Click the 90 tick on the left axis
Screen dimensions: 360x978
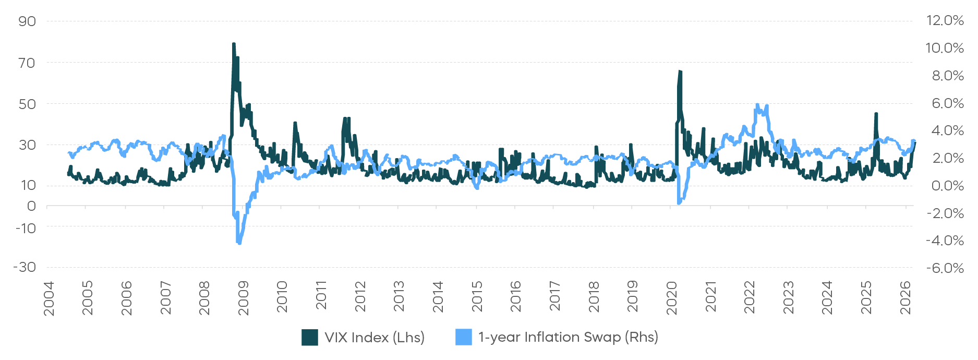pyautogui.click(x=27, y=21)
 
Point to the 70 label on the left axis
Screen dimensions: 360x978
pyautogui.click(x=27, y=63)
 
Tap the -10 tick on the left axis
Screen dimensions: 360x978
pyautogui.click(x=26, y=228)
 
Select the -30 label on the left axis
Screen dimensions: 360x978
pyautogui.click(x=25, y=267)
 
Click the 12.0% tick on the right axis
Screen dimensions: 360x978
pyautogui.click(x=945, y=20)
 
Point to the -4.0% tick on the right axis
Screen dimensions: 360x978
pyautogui.click(x=945, y=241)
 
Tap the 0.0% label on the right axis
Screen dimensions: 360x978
pyautogui.click(x=947, y=186)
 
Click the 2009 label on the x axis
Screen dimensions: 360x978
pyautogui.click(x=243, y=298)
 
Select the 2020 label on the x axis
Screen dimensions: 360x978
pyautogui.click(x=671, y=298)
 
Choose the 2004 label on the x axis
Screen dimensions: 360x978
pyautogui.click(x=49, y=298)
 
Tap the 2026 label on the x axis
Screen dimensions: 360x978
pyautogui.click(x=905, y=298)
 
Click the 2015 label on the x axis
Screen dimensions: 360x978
pyautogui.click(x=477, y=298)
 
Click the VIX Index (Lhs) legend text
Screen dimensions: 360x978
pyautogui.click(x=375, y=338)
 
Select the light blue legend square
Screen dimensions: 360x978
pyautogui.click(x=463, y=337)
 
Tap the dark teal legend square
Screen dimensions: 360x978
pyautogui.click(x=310, y=337)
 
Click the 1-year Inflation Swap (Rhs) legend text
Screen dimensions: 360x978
pyautogui.click(x=568, y=337)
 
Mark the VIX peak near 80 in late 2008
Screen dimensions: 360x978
pyautogui.click(x=234, y=44)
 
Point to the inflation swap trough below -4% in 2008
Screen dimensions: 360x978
pyautogui.click(x=239, y=243)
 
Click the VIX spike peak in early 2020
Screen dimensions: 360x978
pyautogui.click(x=680, y=71)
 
